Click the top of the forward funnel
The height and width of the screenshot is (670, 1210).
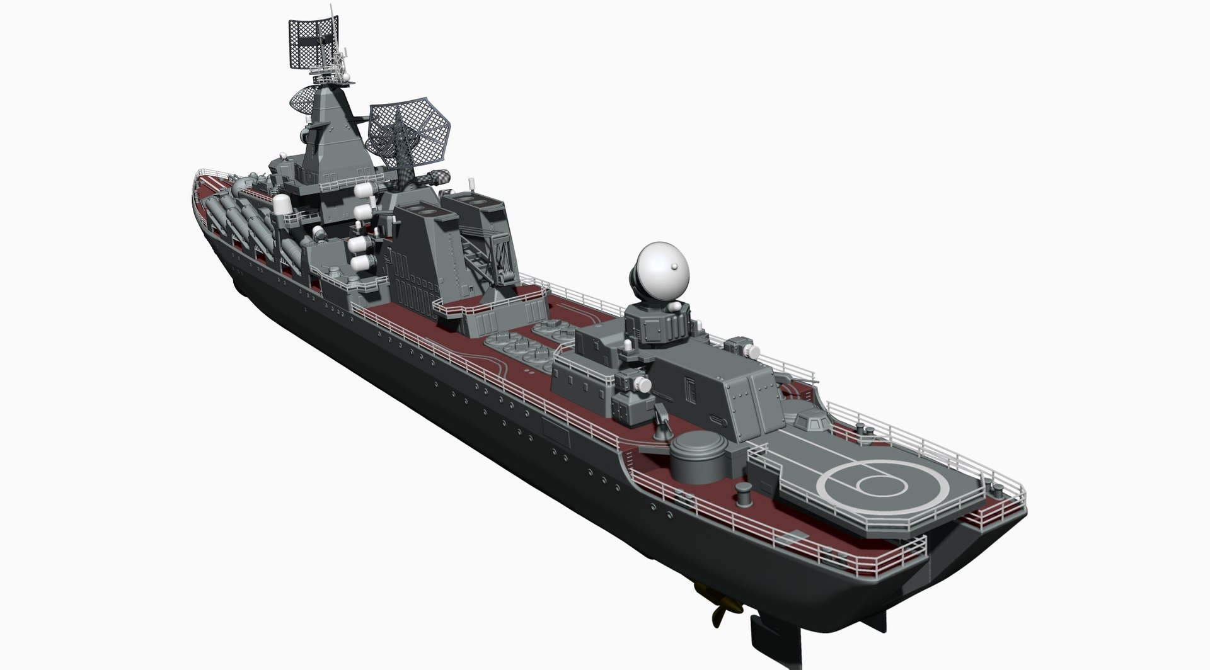pyautogui.click(x=420, y=208)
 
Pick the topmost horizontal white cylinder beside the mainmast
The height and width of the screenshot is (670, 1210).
pyautogui.click(x=364, y=189)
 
